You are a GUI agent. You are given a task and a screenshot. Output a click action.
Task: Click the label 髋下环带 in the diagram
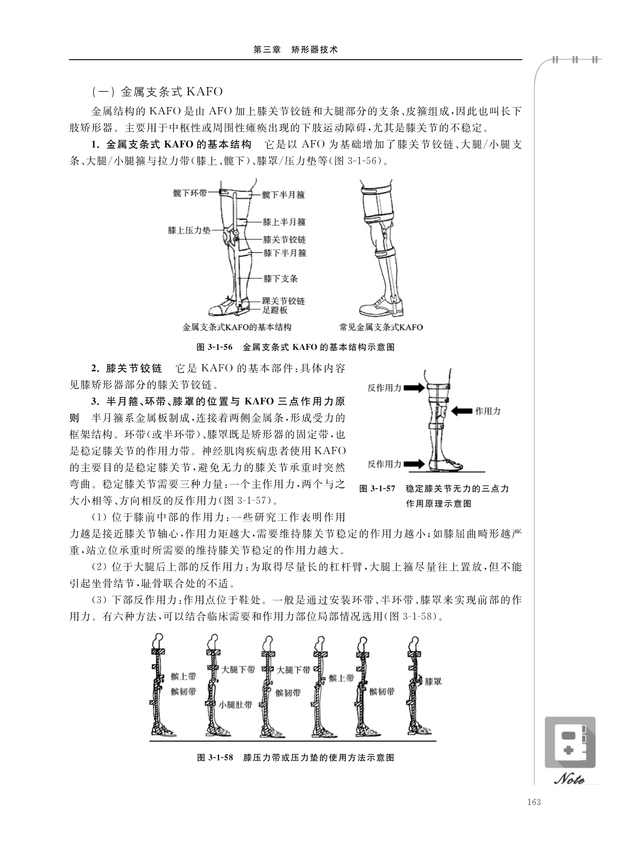(189, 193)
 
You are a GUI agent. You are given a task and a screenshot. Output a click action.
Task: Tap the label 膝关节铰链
(284, 240)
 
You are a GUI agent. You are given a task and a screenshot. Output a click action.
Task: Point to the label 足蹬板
(275, 310)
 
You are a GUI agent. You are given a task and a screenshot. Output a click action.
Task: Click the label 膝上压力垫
(189, 230)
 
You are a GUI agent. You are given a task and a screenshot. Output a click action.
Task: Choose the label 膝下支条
(280, 278)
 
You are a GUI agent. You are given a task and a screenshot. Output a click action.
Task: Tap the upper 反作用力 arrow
(415, 388)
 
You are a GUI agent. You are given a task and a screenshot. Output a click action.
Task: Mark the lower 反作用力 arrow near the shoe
(415, 464)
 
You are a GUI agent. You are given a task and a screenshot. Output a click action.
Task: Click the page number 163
(534, 802)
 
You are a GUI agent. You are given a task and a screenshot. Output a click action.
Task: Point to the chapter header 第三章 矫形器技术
(295, 50)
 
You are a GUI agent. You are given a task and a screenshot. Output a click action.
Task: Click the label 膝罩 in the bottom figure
(433, 681)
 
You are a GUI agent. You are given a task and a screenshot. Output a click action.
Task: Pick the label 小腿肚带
(235, 704)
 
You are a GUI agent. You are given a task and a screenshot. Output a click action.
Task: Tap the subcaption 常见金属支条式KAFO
(381, 327)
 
